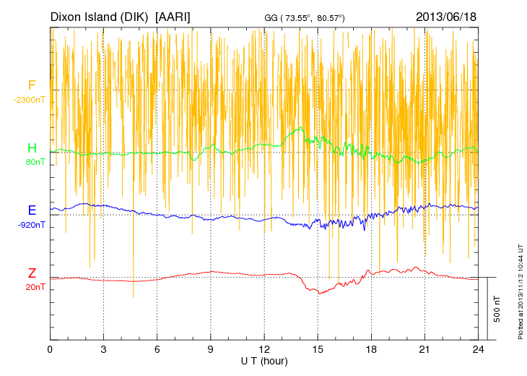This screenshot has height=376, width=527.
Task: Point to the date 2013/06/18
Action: click(446, 16)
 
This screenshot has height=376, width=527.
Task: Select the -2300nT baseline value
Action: click(30, 100)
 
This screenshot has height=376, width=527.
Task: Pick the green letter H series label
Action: click(32, 148)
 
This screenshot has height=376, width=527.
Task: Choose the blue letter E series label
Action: click(32, 210)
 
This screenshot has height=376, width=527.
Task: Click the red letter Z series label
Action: click(32, 273)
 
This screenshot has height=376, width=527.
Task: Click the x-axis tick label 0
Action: click(50, 349)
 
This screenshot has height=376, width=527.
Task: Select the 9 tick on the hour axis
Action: click(211, 349)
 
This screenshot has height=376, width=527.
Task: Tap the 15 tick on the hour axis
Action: click(318, 349)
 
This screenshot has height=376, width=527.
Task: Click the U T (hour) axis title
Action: click(264, 360)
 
